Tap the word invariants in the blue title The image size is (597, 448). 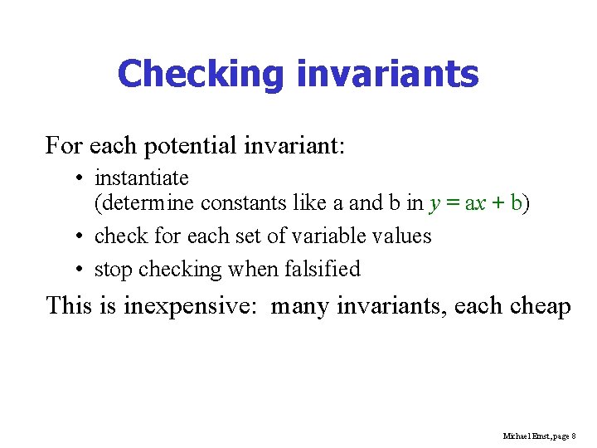pyautogui.click(x=387, y=74)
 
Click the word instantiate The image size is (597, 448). pyautogui.click(x=142, y=178)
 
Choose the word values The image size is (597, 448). pyautogui.click(x=401, y=236)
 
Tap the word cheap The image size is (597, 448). pyautogui.click(x=540, y=307)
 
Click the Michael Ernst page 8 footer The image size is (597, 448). pyautogui.click(x=539, y=436)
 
